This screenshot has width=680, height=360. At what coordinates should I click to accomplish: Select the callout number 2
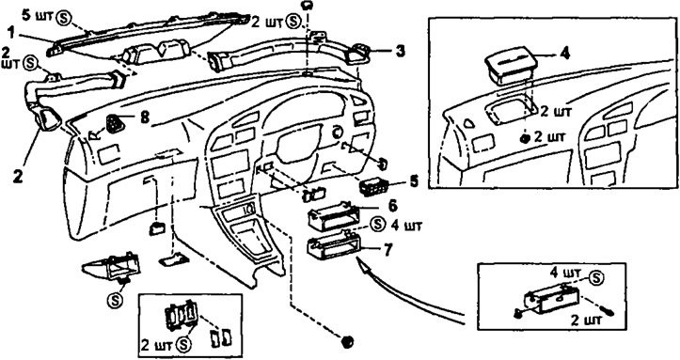[x=17, y=178]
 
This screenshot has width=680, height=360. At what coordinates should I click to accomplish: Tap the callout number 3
[x=400, y=51]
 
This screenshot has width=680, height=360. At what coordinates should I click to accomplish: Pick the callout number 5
[x=414, y=181]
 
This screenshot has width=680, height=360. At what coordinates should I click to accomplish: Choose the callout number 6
[x=392, y=206]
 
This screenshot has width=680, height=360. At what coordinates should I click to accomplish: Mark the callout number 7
[x=387, y=249]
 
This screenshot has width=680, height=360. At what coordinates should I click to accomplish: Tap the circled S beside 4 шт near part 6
[x=378, y=225]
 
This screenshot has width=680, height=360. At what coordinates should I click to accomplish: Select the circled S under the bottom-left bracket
[x=116, y=300]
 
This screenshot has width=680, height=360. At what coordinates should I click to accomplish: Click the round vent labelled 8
[x=116, y=124]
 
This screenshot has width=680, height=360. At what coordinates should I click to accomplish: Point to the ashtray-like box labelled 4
[x=508, y=67]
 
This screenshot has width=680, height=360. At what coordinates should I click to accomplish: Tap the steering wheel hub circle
[x=337, y=133]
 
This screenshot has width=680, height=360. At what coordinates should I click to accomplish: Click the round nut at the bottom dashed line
[x=347, y=341]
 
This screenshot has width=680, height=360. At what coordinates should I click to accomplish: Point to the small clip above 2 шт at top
[x=307, y=5]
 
